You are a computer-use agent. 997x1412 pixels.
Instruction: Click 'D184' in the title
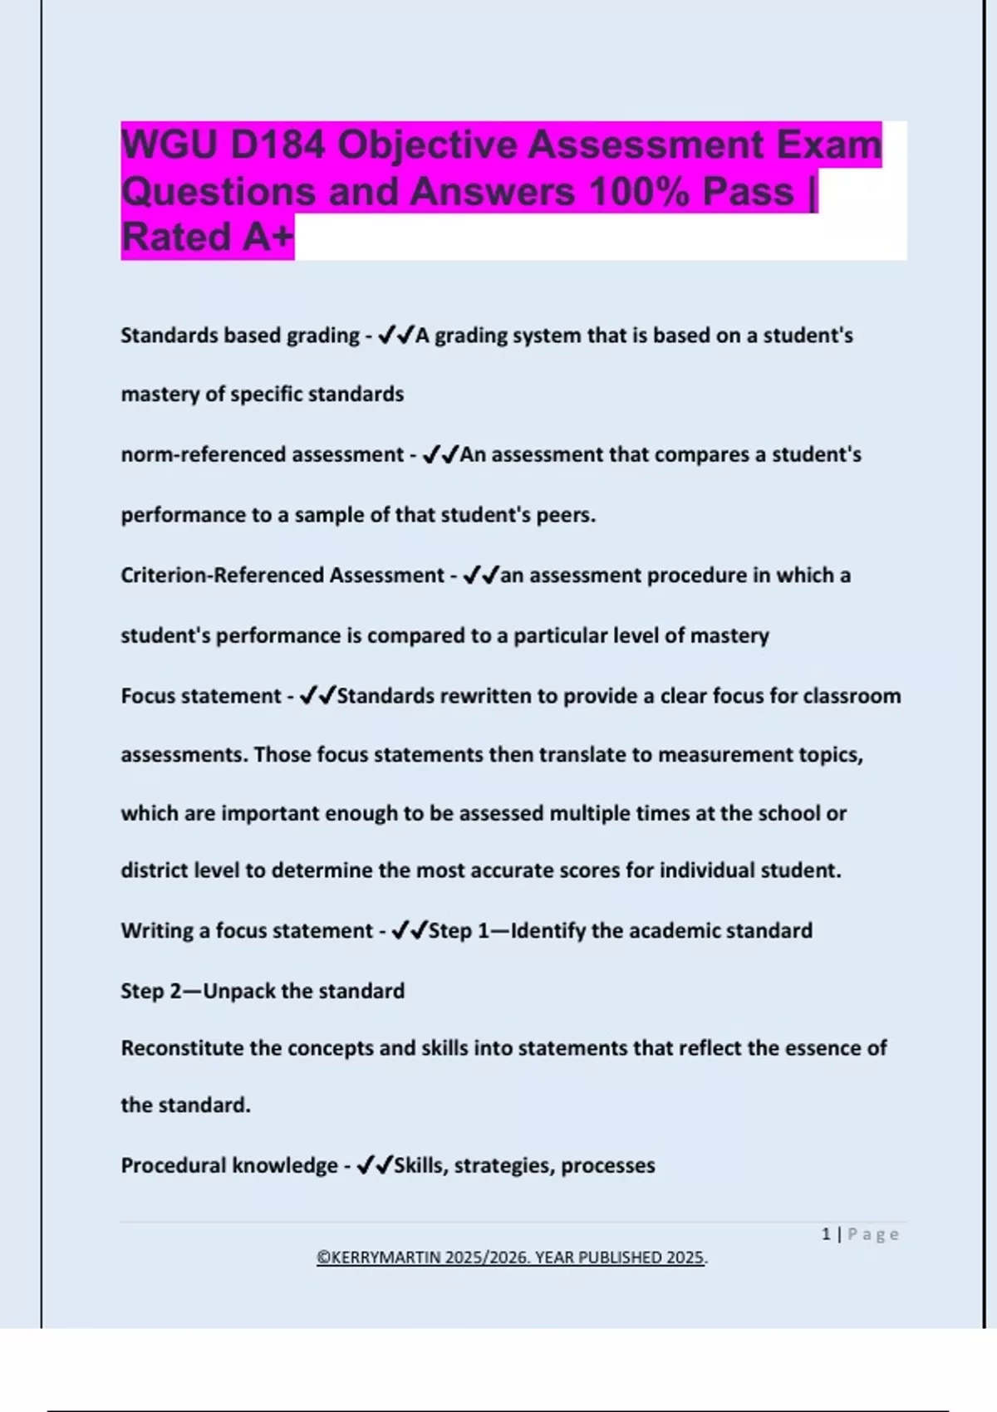coord(277,145)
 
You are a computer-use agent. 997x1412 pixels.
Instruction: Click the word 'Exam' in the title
coord(828,145)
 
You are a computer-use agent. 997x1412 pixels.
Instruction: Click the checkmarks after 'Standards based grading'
coord(395,336)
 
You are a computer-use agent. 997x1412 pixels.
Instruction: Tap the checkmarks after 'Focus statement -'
coord(317,695)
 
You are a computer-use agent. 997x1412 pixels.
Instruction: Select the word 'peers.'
coord(566,515)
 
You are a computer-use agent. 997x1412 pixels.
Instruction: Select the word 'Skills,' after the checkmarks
coord(420,1165)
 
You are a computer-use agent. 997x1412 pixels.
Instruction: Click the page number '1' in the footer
coord(826,1234)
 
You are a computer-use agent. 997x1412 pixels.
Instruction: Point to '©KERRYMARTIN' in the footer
coord(378,1258)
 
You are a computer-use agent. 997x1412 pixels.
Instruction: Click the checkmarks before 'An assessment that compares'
coord(440,454)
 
